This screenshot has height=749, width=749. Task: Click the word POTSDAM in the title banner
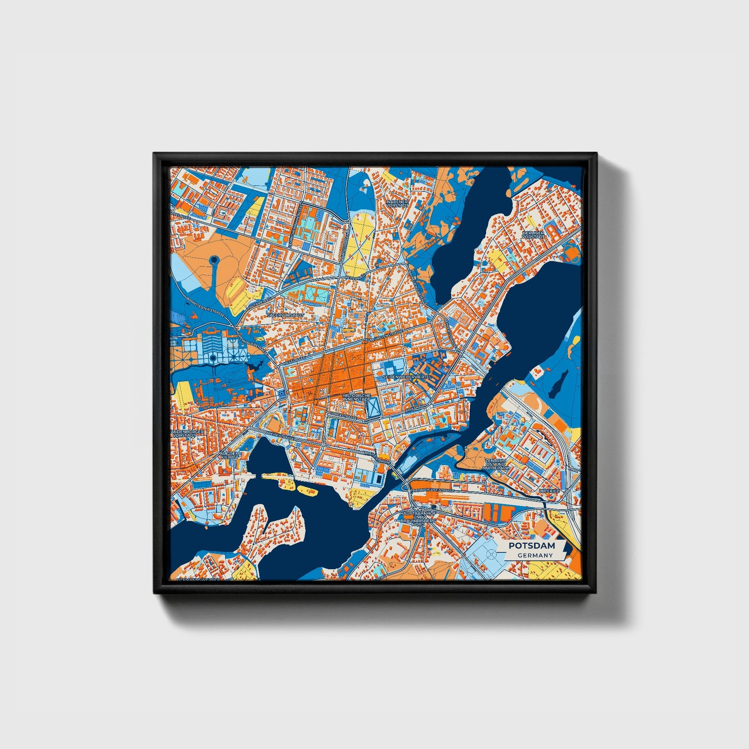(x=531, y=546)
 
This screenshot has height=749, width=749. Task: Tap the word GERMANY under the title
(x=534, y=555)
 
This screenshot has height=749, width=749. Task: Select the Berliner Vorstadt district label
(x=533, y=236)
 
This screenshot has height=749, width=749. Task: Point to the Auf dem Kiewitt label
(x=230, y=455)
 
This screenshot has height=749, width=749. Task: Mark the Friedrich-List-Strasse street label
(x=432, y=489)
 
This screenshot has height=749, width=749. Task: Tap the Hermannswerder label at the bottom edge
(x=200, y=578)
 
